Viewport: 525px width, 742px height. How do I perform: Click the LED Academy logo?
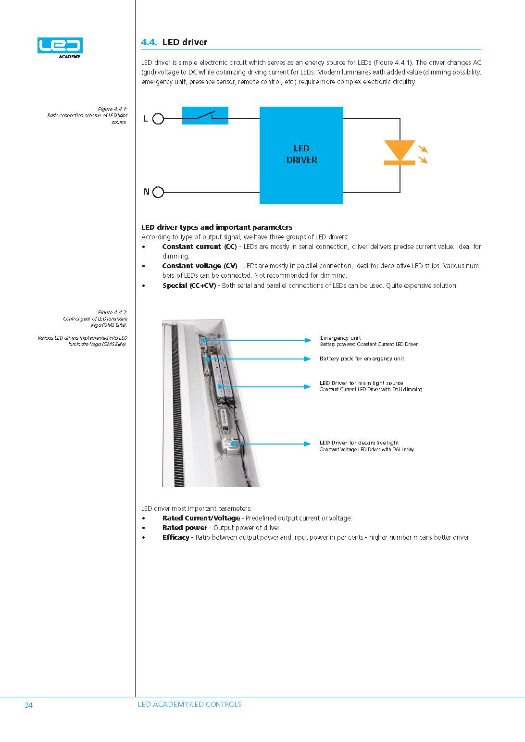point(60,47)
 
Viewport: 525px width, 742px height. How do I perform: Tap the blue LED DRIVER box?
point(301,155)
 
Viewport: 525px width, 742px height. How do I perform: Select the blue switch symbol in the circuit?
point(205,116)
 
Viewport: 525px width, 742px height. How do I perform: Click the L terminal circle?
point(158,119)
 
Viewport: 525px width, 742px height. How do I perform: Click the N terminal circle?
point(158,192)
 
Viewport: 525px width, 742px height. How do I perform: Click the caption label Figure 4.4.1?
point(112,109)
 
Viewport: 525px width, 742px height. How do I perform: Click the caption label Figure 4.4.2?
point(112,312)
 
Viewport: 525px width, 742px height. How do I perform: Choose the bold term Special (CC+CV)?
point(189,285)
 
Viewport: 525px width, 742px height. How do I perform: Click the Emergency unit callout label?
point(340,338)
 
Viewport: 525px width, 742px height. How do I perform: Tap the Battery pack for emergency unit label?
point(362,359)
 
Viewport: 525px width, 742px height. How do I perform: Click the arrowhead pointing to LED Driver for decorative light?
point(308,444)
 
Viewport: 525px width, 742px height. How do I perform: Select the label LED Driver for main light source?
point(361,383)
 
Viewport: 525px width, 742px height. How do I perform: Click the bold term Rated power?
point(184,528)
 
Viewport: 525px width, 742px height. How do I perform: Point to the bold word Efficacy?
point(175,537)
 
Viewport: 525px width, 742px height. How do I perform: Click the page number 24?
point(28,705)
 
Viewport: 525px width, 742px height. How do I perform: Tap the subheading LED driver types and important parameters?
point(217,227)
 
